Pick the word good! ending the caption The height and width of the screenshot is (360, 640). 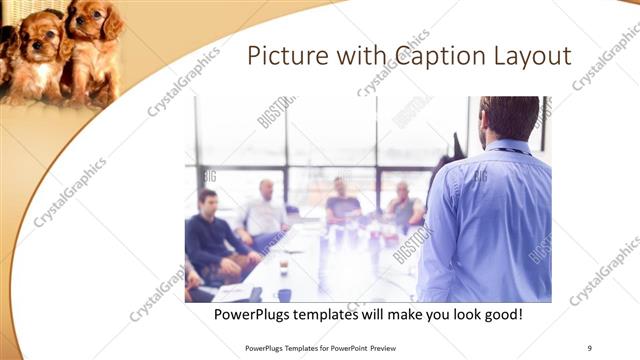pos(501,315)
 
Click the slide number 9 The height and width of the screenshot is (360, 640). pos(590,347)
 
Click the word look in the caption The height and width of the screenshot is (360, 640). pos(442,315)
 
